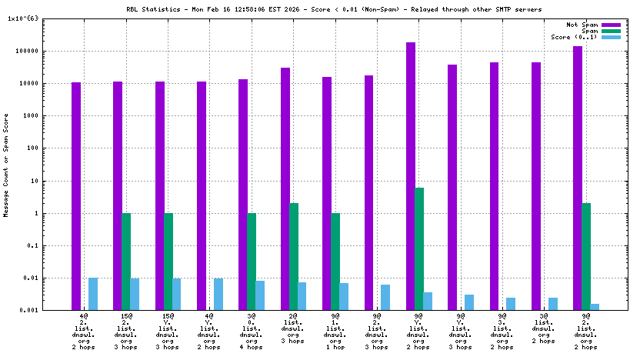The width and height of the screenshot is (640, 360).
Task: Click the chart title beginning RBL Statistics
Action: tap(333, 9)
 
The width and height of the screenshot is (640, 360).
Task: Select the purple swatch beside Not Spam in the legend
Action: tap(611, 25)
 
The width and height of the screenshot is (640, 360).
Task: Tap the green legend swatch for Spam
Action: tap(611, 31)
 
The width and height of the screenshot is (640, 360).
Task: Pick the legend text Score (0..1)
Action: tap(574, 37)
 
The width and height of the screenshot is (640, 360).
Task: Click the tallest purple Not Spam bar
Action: tap(411, 176)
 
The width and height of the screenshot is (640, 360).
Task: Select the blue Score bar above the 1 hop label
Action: tap(344, 296)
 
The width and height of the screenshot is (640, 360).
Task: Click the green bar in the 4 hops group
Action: tap(252, 262)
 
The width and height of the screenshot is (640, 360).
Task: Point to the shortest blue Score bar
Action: tap(595, 307)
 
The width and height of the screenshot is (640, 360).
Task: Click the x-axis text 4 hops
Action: tap(252, 347)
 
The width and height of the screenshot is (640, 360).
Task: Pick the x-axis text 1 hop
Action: tap(335, 347)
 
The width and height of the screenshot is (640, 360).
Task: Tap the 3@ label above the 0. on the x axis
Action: tap(252, 316)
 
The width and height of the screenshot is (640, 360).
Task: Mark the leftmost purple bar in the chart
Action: tap(76, 196)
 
